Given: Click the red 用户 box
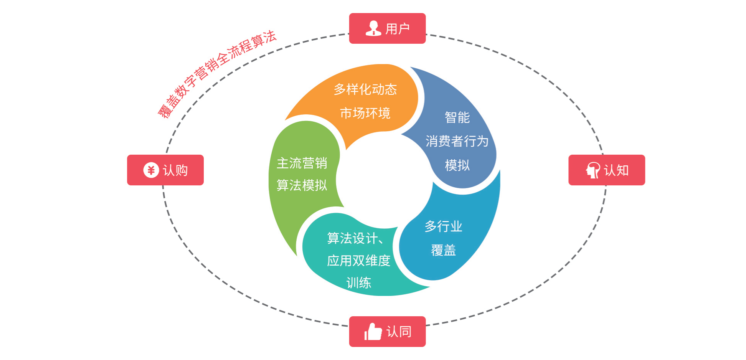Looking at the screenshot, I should click(x=387, y=28).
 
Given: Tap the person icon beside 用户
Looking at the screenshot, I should click(x=373, y=28).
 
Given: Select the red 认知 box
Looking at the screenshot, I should click(x=606, y=170).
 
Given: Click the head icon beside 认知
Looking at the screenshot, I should click(x=593, y=170).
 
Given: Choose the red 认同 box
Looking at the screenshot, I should click(x=387, y=332).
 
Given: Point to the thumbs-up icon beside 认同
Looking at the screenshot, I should click(x=373, y=332).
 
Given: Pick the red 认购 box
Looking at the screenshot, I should click(x=165, y=170).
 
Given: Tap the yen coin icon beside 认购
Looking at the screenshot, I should click(x=151, y=170).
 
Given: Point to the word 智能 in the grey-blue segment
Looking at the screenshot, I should click(x=457, y=117).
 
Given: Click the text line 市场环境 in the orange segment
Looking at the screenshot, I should click(x=365, y=113).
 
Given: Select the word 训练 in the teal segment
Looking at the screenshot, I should click(x=358, y=283).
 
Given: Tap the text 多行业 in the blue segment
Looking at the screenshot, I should click(x=443, y=226).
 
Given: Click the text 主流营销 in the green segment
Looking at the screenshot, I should click(x=302, y=163).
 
